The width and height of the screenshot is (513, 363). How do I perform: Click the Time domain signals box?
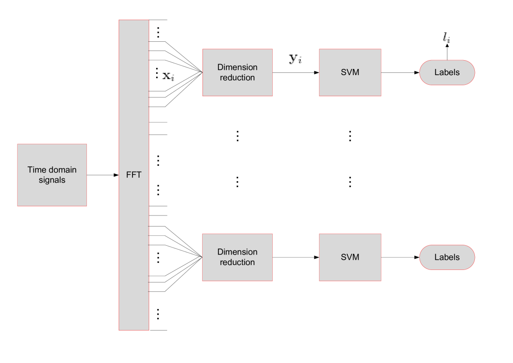coord(52,175)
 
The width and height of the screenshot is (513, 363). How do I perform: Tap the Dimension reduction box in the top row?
coord(237,72)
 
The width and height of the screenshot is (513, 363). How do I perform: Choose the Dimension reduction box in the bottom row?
coord(237,257)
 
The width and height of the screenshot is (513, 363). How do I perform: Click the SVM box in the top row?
coord(350,72)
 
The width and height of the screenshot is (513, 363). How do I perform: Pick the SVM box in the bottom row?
coord(350,257)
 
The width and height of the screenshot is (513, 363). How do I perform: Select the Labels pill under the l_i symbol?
coord(447,72)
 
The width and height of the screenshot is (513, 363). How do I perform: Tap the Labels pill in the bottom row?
coord(447,257)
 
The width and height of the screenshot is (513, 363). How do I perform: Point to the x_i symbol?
coord(169,76)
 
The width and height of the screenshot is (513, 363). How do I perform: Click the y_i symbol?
coord(295,58)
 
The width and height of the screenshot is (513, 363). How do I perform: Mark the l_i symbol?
coord(446,38)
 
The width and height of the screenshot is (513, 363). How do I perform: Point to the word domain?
coord(62,170)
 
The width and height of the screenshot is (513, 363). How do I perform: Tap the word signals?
coord(52,180)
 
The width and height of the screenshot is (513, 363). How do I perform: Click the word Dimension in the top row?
coord(237,67)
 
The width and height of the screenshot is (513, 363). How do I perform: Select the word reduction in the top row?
coord(237,78)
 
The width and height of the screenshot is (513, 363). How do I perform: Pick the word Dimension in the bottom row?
coord(237,252)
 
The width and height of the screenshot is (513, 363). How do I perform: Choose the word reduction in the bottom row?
coord(237,262)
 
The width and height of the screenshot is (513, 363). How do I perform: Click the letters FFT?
coord(134,175)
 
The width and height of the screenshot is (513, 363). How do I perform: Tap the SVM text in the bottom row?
coord(350,257)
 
